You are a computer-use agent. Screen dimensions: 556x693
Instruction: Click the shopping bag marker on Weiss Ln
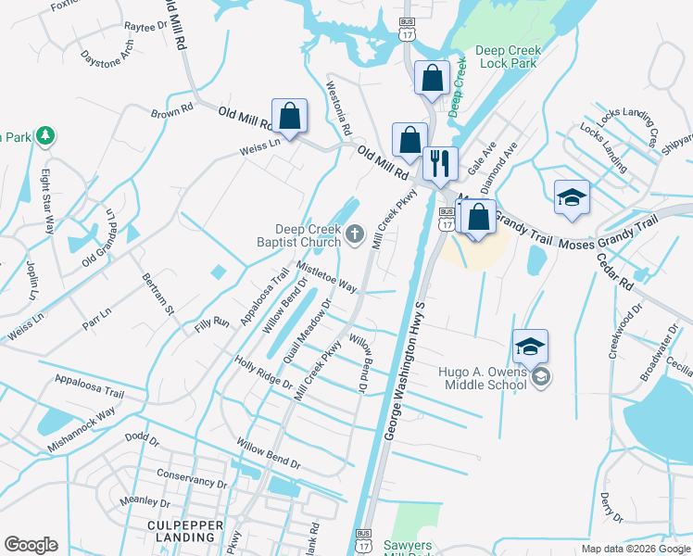(x=289, y=117)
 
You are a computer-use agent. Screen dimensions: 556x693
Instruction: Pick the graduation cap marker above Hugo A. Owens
(x=530, y=347)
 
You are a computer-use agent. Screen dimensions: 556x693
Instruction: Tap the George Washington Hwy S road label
(x=405, y=370)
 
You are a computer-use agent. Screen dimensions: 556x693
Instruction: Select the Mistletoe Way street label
(x=326, y=276)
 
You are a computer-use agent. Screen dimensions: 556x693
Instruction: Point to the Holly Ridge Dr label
(x=263, y=372)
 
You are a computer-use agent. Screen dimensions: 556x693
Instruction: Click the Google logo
(x=31, y=545)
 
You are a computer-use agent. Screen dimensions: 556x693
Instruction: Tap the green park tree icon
(x=44, y=136)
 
